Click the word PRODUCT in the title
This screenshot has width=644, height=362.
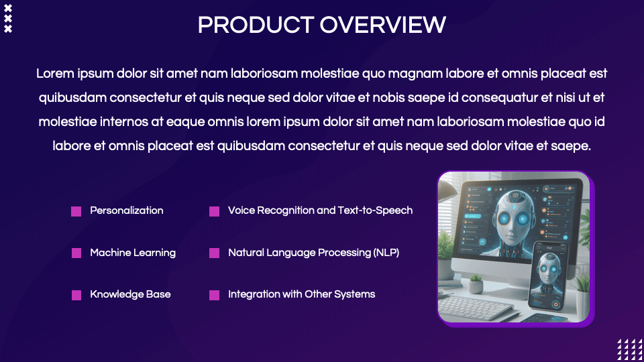click(x=256, y=25)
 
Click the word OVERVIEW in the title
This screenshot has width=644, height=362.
click(x=383, y=25)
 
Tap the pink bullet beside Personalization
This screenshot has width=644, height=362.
click(x=76, y=211)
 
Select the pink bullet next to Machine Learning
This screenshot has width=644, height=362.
click(x=76, y=253)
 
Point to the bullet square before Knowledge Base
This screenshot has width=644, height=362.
click(x=76, y=295)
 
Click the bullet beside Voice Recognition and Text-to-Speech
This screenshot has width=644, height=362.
click(x=214, y=211)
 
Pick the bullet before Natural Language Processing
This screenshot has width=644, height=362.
click(x=214, y=253)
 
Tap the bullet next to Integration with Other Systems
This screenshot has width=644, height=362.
click(x=214, y=295)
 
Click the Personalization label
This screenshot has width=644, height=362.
click(x=127, y=210)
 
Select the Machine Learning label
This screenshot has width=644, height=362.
click(x=133, y=253)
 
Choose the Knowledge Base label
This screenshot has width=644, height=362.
click(x=130, y=294)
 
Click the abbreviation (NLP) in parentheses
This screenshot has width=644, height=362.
click(x=386, y=253)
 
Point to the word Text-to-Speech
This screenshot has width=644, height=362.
click(x=375, y=210)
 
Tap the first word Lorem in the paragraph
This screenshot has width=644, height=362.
click(x=55, y=74)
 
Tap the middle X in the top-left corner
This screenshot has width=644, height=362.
click(x=8, y=19)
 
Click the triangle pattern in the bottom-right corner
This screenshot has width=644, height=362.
click(x=631, y=350)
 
